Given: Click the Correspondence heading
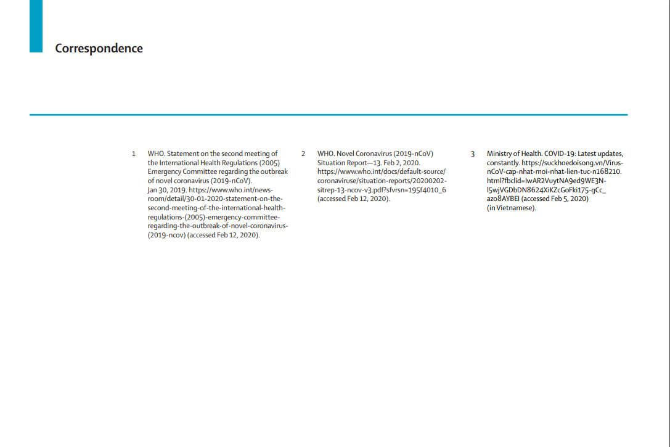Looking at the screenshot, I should pos(99,49).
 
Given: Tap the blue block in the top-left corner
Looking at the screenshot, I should pos(36,26).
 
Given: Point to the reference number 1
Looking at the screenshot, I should pos(133,154).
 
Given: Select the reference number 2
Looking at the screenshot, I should pos(303,154).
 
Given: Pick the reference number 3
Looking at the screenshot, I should pos(473,154).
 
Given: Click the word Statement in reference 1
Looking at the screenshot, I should pos(184,154).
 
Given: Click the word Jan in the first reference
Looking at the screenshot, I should pos(153,190).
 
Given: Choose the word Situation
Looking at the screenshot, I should pos(333,163).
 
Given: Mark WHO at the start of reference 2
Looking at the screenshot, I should pos(325,154).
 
